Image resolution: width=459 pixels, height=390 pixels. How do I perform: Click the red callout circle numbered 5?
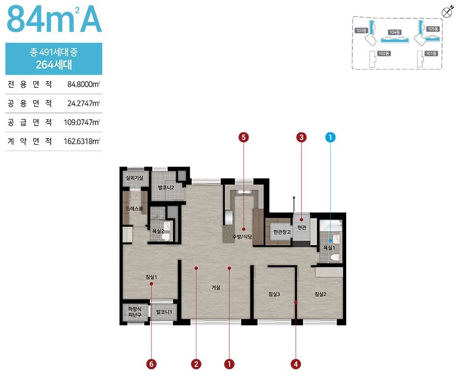[x=244, y=137]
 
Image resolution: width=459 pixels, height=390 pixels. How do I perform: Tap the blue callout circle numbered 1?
[x=331, y=137]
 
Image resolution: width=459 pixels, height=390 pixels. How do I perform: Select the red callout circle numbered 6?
[x=152, y=364]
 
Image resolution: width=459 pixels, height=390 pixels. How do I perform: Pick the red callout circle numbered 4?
[x=296, y=364]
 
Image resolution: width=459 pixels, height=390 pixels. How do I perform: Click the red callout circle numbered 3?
[x=301, y=137]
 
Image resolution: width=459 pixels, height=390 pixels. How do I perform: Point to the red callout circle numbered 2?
[x=196, y=364]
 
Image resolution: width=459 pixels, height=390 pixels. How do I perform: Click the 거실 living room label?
[x=216, y=288]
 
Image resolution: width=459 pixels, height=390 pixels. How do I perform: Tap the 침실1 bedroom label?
[x=152, y=277]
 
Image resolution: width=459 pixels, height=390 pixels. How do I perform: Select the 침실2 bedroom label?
[x=320, y=294]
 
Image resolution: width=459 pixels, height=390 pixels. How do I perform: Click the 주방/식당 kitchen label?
[x=242, y=237]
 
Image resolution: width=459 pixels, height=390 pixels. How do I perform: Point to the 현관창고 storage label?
[x=282, y=232]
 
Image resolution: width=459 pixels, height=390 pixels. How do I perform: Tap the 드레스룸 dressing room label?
[x=134, y=209]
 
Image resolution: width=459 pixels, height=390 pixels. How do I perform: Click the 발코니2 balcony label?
[x=166, y=187]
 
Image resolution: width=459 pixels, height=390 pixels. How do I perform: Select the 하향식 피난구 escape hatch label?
[x=135, y=312]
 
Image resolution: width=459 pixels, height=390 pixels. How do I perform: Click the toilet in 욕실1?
[x=335, y=258]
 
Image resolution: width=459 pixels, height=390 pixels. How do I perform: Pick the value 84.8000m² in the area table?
[x=83, y=84]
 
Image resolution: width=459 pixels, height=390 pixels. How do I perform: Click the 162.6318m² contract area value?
[x=82, y=141]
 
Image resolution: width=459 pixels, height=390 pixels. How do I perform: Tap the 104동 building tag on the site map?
[x=395, y=32]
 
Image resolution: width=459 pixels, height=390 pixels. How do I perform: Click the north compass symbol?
[x=447, y=12]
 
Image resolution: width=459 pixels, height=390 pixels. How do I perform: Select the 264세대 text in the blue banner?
[x=54, y=64]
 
